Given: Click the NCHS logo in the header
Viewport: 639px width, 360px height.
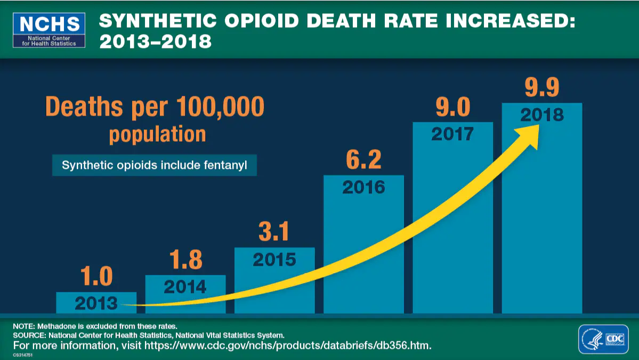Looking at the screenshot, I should coord(49,29).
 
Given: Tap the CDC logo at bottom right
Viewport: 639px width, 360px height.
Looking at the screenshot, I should coord(603,339).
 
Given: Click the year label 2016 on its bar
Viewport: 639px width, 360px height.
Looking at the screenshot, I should coord(363,187).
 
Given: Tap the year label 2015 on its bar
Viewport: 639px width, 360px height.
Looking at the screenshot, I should coord(274,259).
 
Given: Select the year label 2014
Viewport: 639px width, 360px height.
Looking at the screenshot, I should coord(185,287).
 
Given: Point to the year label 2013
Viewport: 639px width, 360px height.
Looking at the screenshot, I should coord(96,304).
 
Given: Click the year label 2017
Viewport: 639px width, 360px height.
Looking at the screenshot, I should coord(452,134).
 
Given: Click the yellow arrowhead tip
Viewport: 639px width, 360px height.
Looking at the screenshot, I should coord(537,127).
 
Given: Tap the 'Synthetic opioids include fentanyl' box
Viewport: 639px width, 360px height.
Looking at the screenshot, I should coord(155,165).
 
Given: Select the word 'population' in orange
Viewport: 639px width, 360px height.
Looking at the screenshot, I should coord(157,134).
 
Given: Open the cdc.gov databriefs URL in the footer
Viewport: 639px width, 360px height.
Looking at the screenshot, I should coord(287,346).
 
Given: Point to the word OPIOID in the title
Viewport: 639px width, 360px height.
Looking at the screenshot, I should coord(253,22).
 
